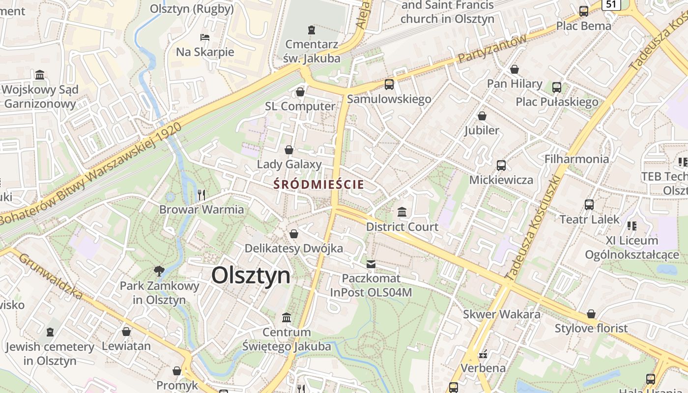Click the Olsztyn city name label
251,276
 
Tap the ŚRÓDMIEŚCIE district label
319,185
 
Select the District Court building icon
402,212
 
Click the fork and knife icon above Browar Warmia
201,195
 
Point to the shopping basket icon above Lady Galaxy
289,150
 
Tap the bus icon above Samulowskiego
389,84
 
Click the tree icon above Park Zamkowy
159,271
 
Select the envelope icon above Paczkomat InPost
371,264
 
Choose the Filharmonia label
576,159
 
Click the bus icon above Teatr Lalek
589,204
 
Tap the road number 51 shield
611,4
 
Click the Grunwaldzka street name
51,275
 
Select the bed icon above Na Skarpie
205,37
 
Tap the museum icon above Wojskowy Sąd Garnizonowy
40,75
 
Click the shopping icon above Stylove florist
591,314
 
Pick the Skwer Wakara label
502,314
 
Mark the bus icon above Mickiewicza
501,165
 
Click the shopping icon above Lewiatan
126,332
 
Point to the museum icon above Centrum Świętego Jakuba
287,318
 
